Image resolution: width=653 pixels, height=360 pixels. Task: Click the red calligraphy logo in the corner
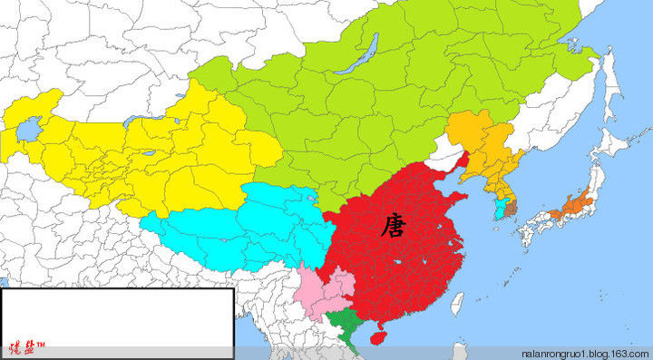pos(26,346)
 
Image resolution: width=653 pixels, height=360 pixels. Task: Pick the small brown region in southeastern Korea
pos(510,209)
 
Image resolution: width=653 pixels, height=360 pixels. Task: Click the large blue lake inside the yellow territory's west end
pos(26,132)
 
